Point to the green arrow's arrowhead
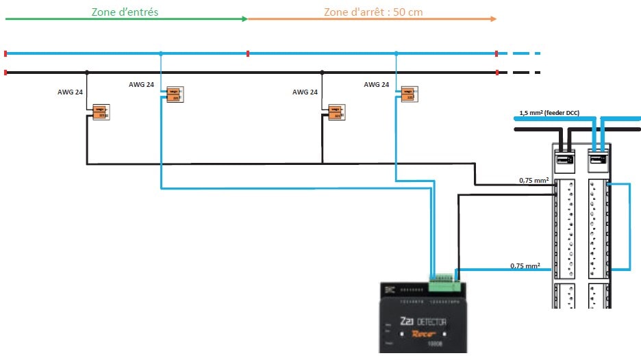(244, 19)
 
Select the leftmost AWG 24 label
(69, 92)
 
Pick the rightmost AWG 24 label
(376, 85)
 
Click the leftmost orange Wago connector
(101, 112)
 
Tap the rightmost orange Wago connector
(409, 94)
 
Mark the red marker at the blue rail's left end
(6, 53)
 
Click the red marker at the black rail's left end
(6, 72)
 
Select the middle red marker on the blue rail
(247, 53)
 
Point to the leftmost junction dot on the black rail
(86, 72)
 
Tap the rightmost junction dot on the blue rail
(396, 53)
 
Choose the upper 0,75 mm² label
(535, 181)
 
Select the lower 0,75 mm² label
(525, 266)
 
